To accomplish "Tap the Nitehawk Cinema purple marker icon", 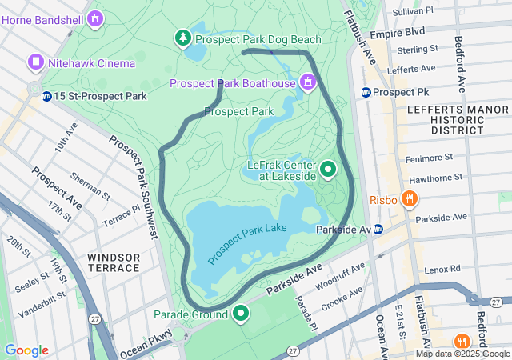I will pos(35,62).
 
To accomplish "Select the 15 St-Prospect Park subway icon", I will pos(47,97).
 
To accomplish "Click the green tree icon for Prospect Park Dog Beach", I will pos(183,38).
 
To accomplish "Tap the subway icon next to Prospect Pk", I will pos(366,92).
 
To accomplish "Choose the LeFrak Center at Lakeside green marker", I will pos(328,170).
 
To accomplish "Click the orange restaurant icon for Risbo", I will pos(409,199).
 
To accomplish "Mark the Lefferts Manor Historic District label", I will pos(446,119).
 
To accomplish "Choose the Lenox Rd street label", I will pos(444,270).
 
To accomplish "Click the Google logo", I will pos(26,350).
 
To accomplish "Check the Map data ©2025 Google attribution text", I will pos(462,354).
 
